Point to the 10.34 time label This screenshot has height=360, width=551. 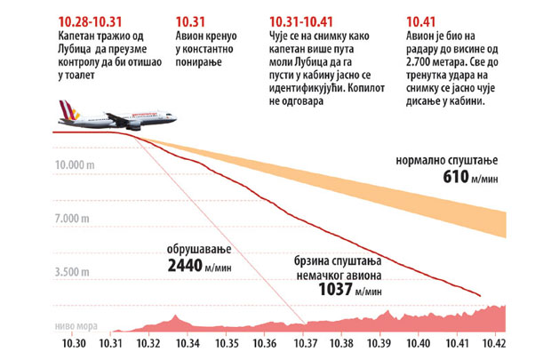coord(188,342)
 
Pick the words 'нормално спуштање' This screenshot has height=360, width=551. coord(450,159)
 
